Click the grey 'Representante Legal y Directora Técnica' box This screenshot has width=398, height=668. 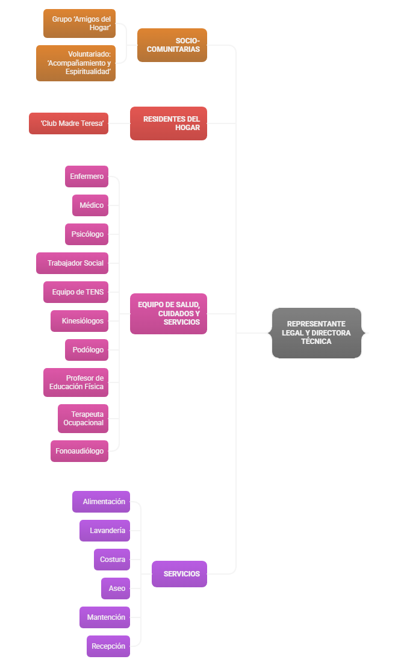pyautogui.click(x=317, y=333)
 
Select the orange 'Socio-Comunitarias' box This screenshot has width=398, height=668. pyautogui.click(x=172, y=45)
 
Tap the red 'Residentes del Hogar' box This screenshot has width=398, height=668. pyautogui.click(x=169, y=123)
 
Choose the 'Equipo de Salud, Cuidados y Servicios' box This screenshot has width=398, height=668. pyautogui.click(x=169, y=314)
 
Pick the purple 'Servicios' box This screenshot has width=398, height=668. pyautogui.click(x=179, y=574)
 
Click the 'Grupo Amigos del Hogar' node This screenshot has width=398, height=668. pyautogui.click(x=79, y=23)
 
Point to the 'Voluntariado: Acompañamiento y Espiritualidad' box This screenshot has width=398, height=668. pyautogui.click(x=76, y=63)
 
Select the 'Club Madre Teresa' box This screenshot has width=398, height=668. pyautogui.click(x=69, y=123)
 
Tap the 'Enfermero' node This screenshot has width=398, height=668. pyautogui.click(x=87, y=176)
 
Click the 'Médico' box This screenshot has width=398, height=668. pyautogui.click(x=90, y=205)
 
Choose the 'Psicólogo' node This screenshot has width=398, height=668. pyautogui.click(x=87, y=234)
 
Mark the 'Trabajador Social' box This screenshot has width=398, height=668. pyautogui.click(x=72, y=263)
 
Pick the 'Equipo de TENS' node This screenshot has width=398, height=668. pyautogui.click(x=76, y=292)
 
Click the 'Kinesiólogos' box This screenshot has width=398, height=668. pyautogui.click(x=79, y=321)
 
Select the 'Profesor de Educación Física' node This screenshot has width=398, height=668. pyautogui.click(x=76, y=382)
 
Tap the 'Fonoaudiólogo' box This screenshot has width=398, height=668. pyautogui.click(x=79, y=451)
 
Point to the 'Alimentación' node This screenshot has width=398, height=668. pyautogui.click(x=101, y=502)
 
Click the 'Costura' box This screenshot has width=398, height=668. pyautogui.click(x=112, y=560)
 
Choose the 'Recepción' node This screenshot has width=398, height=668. pyautogui.click(x=108, y=646)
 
